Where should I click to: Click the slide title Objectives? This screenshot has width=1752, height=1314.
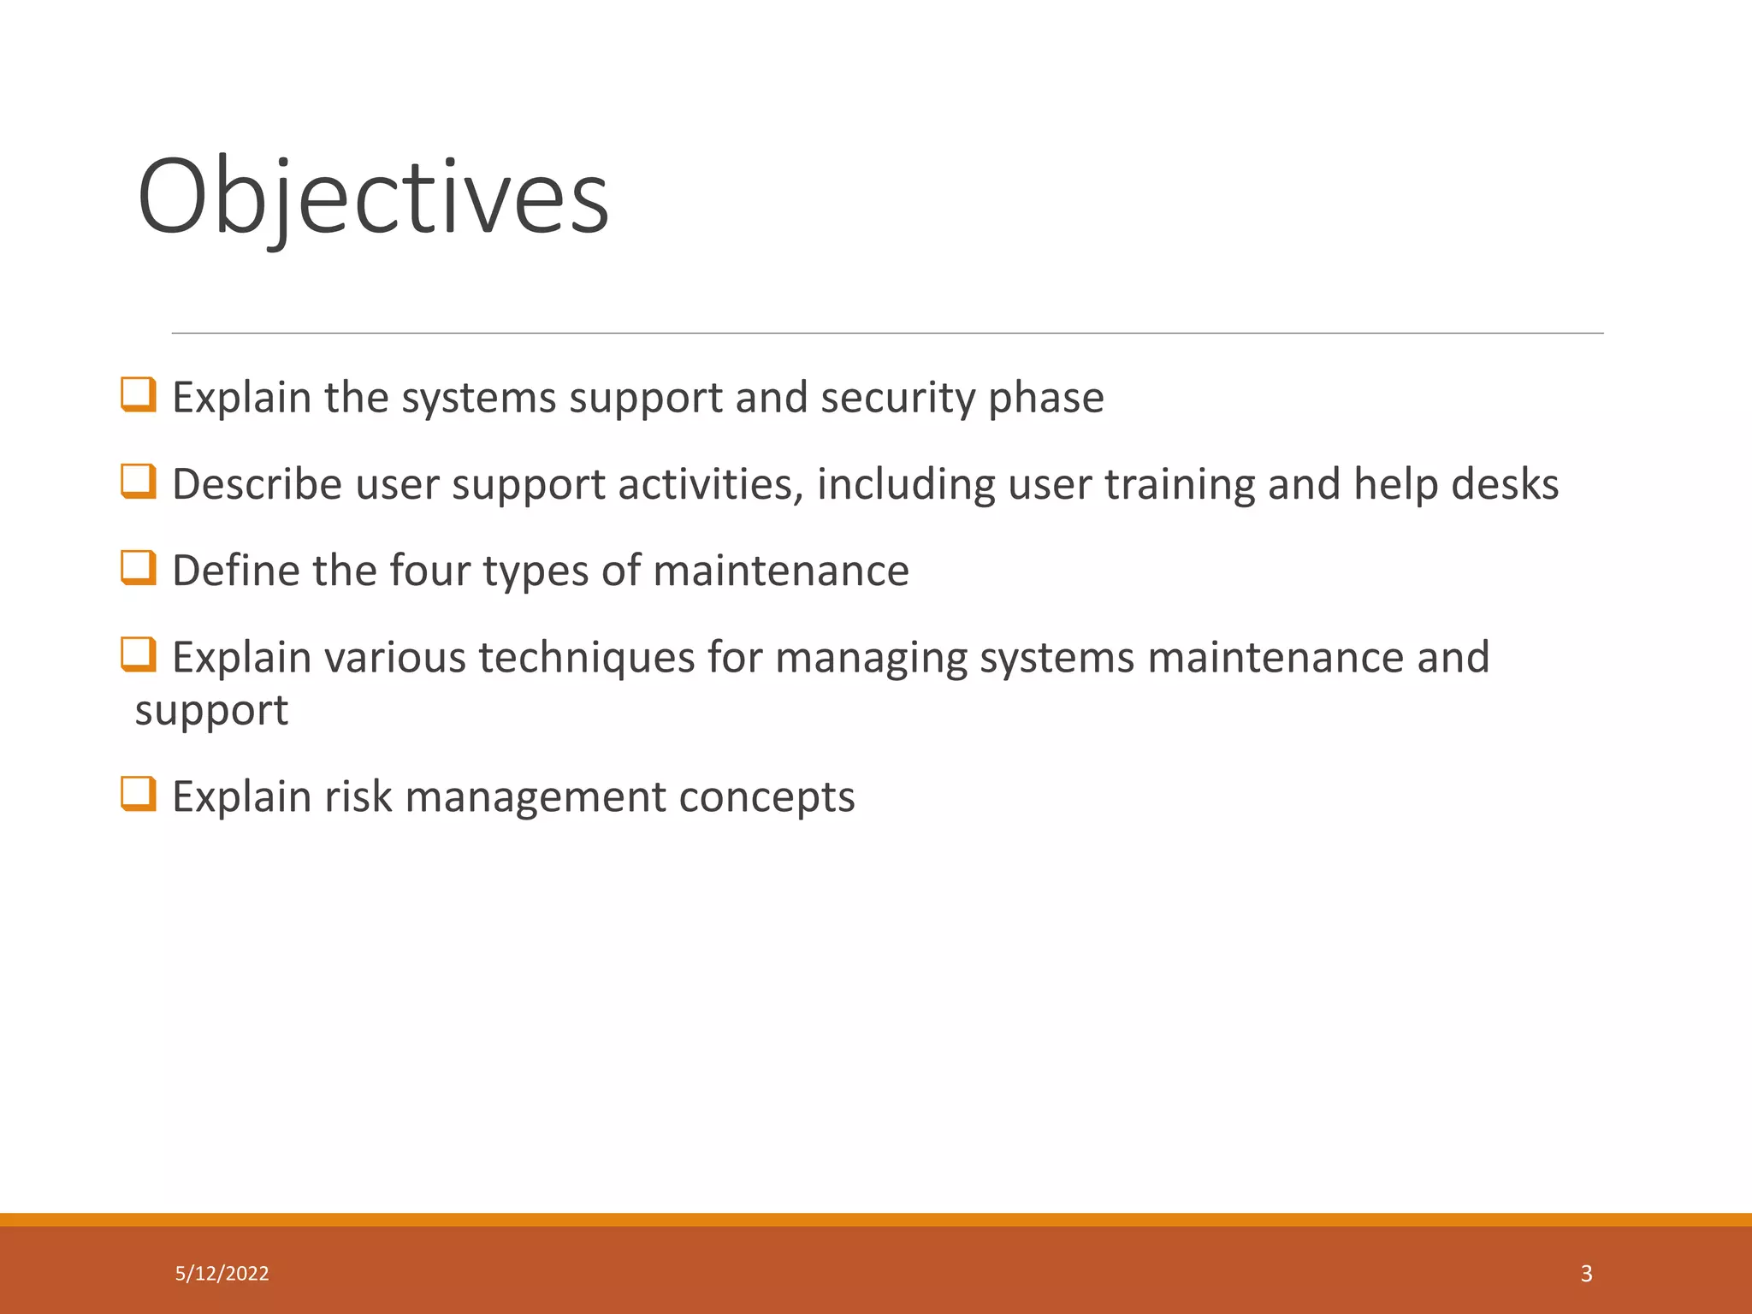373,197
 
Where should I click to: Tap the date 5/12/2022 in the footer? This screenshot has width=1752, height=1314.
222,1274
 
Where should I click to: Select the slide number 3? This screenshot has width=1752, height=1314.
1586,1274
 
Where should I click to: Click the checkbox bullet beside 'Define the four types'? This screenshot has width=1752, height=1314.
139,567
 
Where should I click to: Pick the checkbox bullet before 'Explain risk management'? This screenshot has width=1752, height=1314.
139,793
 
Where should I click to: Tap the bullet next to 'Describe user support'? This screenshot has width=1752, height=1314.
139,481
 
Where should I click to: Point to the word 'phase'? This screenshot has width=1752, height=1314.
1046,398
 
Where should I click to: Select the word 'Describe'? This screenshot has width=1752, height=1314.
257,484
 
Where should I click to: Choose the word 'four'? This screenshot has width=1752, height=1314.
429,571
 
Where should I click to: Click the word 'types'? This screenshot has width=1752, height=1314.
536,571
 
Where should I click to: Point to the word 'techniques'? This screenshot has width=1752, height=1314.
586,658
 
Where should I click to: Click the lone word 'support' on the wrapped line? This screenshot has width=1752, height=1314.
211,711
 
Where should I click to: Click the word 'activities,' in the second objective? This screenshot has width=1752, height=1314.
711,484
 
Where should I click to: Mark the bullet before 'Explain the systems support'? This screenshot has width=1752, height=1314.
139,394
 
